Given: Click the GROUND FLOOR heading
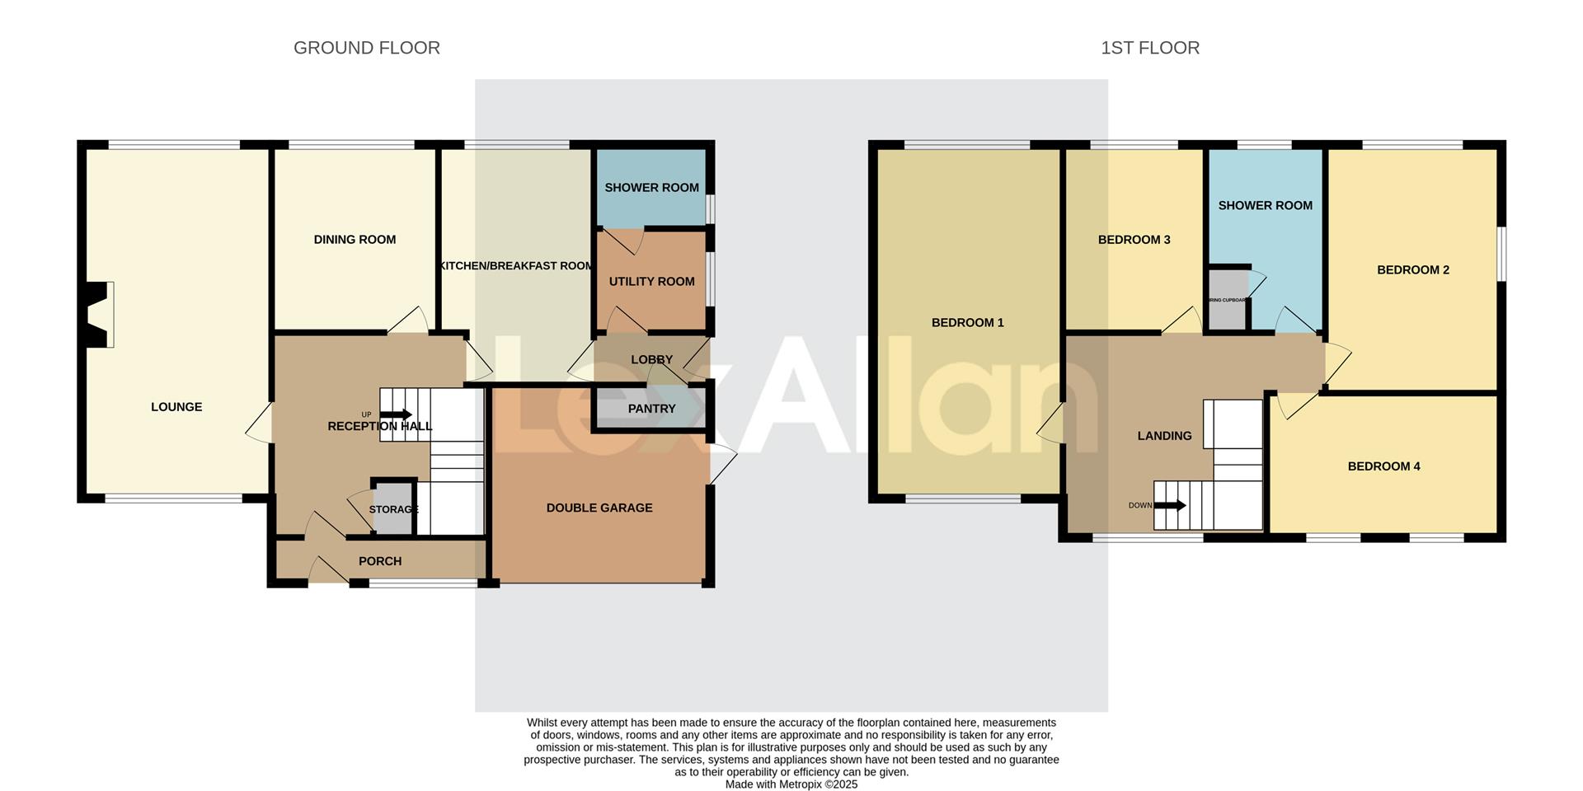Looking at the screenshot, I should point(366,48).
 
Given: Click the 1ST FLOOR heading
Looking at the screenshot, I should point(1149,48).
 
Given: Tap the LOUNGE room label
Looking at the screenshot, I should point(176,407).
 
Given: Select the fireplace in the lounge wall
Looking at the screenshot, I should point(100,314).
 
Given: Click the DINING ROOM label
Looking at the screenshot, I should point(355,240).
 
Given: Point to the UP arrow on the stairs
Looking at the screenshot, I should point(397,414).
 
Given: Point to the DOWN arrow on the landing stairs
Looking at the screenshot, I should point(1170,505).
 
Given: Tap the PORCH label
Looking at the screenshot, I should point(380,561).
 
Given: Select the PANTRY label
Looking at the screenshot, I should point(651,409).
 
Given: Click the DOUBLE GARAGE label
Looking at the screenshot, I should point(599,508).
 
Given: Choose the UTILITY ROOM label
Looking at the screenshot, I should point(651,282).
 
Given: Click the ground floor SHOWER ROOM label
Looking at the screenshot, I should point(651,188).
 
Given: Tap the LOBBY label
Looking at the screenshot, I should point(651,360).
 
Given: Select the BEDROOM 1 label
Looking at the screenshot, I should point(967,323).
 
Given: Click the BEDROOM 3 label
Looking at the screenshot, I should point(1134,240).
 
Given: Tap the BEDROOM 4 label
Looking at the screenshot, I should point(1383,466).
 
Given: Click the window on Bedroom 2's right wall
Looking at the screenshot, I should point(1501,254).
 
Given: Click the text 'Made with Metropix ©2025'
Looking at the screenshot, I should point(791,784).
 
